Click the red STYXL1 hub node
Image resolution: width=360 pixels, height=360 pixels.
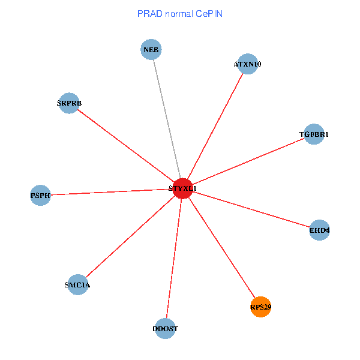coord(182,188)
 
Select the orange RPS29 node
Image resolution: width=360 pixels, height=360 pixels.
coord(261,307)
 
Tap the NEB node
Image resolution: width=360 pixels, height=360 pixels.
coord(151,49)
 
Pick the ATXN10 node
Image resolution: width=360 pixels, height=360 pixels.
coord(248,64)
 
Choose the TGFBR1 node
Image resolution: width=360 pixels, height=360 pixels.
coord(314,134)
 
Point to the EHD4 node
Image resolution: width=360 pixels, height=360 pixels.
coord(320,230)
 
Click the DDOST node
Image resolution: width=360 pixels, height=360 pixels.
coord(165,328)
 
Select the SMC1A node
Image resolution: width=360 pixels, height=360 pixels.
coord(77,284)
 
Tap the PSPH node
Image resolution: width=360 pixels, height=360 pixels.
coord(40,195)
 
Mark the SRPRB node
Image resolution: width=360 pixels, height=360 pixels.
coord(69,103)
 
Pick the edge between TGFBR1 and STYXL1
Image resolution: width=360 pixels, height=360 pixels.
coord(248,161)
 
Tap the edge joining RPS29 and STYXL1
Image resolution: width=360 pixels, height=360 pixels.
coord(222,248)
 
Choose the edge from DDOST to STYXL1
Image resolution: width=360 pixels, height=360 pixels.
coord(174,258)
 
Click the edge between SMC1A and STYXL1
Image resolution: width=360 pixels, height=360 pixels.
coord(130,236)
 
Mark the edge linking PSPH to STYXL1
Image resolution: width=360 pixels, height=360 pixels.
coord(111,192)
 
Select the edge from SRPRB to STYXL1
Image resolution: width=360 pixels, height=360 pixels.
coord(126,146)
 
